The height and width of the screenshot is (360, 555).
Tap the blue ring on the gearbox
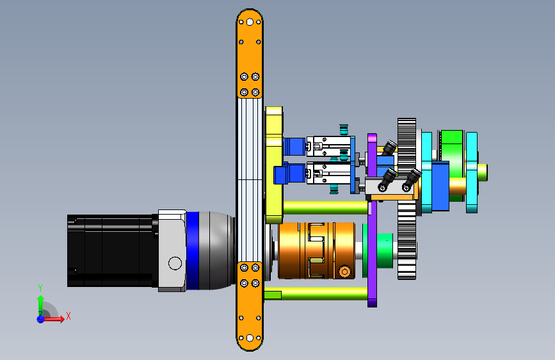click(192, 251)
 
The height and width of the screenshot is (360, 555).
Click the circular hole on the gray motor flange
click(175, 263)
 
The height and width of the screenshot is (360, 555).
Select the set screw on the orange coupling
click(345, 272)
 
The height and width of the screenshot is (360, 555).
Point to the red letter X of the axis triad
click(68, 316)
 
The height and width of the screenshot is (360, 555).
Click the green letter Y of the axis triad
click(40, 288)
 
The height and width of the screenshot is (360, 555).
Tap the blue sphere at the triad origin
click(41, 319)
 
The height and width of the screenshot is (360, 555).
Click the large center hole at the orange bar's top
click(250, 22)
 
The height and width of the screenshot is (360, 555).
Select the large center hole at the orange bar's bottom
click(250, 338)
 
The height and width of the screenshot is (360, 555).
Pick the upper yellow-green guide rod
click(325, 208)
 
